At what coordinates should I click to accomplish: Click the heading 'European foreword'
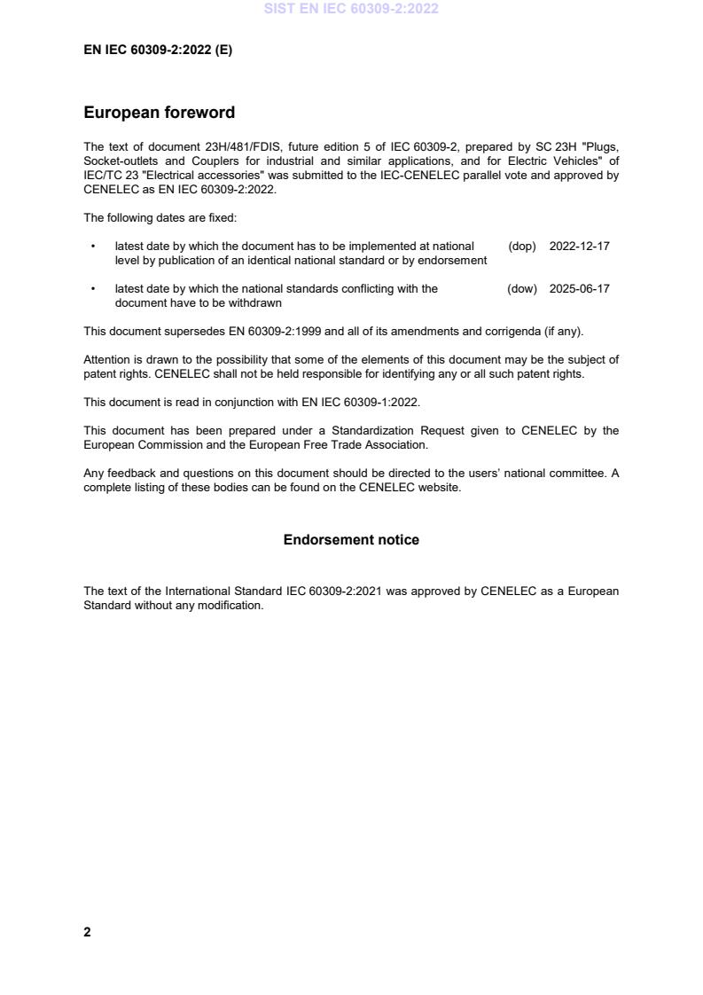pyautogui.click(x=159, y=113)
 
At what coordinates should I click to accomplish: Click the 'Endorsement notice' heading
pyautogui.click(x=351, y=539)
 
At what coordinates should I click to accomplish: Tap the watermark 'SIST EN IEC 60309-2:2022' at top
pyautogui.click(x=351, y=9)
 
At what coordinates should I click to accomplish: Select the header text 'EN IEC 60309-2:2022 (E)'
pyautogui.click(x=158, y=51)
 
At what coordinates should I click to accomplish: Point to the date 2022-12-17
pyautogui.click(x=579, y=246)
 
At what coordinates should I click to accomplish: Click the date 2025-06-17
pyautogui.click(x=579, y=288)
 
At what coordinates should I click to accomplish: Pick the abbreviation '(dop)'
pyautogui.click(x=522, y=246)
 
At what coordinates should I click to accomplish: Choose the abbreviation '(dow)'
pyautogui.click(x=522, y=288)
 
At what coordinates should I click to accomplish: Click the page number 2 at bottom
pyautogui.click(x=87, y=932)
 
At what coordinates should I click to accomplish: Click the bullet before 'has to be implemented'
pyautogui.click(x=93, y=246)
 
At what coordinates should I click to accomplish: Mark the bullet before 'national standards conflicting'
pyautogui.click(x=93, y=288)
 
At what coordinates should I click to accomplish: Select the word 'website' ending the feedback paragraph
pyautogui.click(x=438, y=487)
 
